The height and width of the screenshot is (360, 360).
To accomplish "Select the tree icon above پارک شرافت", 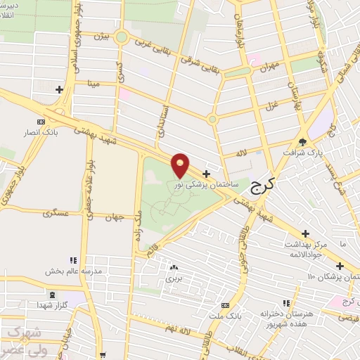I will (302, 140).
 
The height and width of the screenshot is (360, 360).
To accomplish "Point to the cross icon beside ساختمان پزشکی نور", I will (206, 173).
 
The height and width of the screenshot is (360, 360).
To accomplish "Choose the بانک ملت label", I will (225, 316).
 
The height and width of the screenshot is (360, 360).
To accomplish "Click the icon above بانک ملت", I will (225, 305).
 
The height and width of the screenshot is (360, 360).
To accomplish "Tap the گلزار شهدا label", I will (53, 306).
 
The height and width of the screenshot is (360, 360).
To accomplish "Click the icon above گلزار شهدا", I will (53, 294).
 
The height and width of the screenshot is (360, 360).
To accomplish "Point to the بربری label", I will (173, 278).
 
